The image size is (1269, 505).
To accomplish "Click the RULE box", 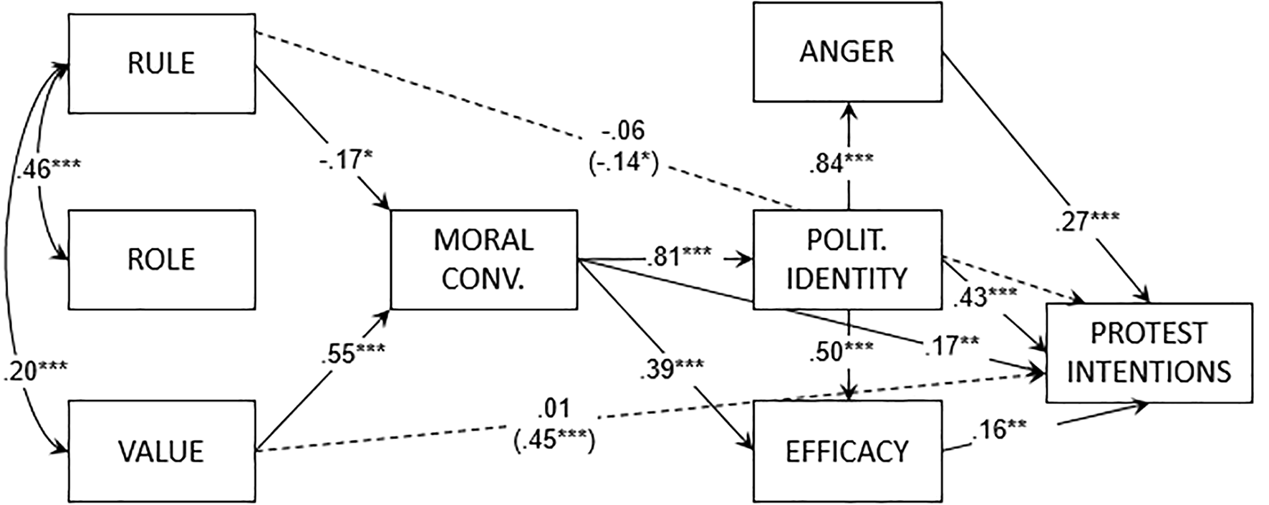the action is pos(162,64).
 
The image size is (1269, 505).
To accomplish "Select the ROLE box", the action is pos(162,259).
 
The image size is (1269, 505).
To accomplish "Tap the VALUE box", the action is pos(162,451).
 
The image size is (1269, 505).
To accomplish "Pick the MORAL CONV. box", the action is pos(483,259).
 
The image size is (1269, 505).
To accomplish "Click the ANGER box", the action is pos(847,52).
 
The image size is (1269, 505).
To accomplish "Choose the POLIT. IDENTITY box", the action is pos(847,259).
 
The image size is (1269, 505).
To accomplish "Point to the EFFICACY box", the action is pos(847,451).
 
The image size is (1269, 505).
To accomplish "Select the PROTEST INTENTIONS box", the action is pos(1149,352).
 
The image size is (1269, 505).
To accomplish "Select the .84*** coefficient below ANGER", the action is pos(841,162).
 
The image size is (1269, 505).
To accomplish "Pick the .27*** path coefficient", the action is pos(1088,221).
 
